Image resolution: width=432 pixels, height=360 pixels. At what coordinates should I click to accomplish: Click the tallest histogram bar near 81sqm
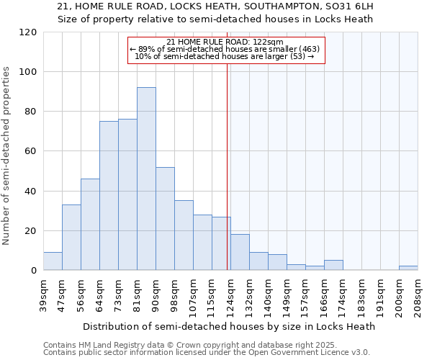tap(146, 179)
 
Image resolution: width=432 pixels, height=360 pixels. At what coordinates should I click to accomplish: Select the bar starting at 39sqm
tap(53, 261)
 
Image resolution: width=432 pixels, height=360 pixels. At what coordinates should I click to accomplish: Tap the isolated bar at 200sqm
tap(408, 268)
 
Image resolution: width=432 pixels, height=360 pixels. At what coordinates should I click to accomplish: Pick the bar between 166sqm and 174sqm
tap(333, 265)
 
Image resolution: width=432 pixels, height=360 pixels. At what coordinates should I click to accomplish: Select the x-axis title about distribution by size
tap(229, 326)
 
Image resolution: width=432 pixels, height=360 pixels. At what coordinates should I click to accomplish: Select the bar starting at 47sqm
tap(71, 238)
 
